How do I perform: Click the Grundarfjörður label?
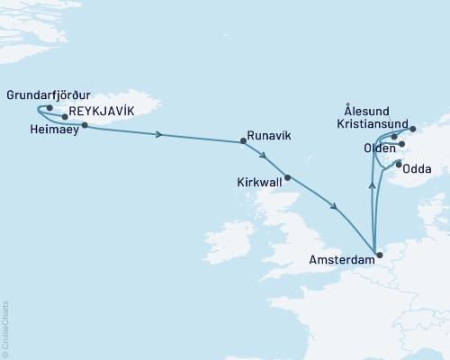point(48,93)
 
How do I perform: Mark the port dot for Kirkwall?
point(288,177)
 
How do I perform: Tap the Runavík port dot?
point(243,141)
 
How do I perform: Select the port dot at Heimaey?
point(85,126)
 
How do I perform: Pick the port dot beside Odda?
point(398,163)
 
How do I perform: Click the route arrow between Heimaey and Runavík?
point(159,135)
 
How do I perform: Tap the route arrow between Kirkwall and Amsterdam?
point(335,209)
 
